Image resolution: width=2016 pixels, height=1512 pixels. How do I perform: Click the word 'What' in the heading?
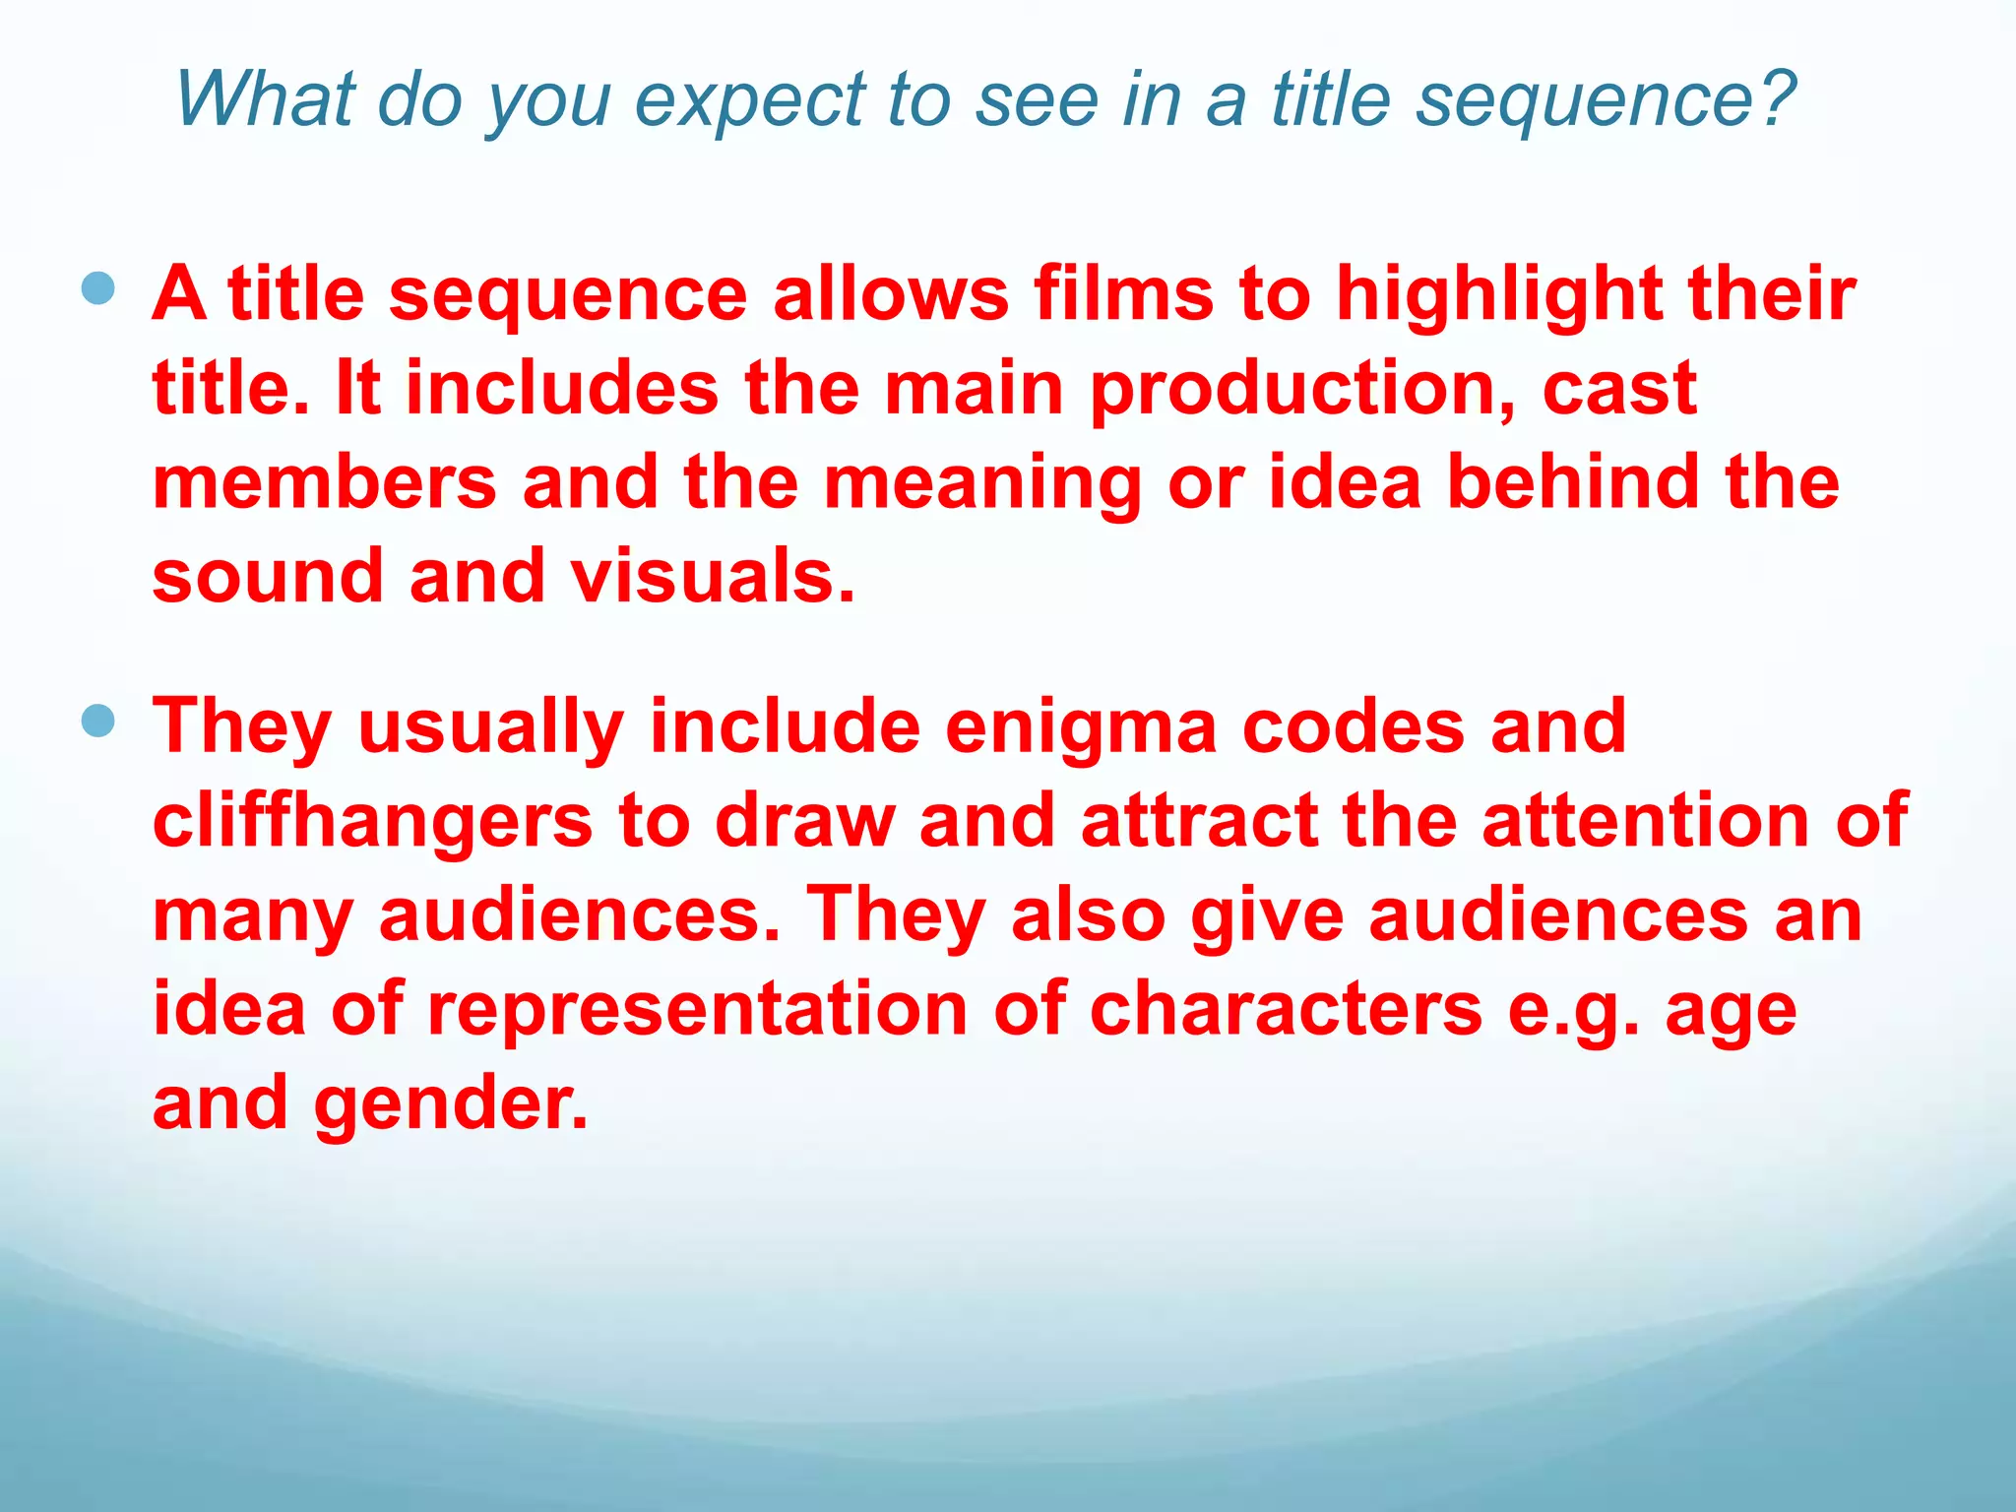[265, 99]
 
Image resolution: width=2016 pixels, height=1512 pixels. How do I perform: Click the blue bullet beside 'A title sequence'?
[97, 289]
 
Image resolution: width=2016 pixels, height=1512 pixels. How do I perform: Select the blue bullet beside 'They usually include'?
[97, 722]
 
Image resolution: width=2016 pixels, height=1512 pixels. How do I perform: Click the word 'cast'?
[1619, 388]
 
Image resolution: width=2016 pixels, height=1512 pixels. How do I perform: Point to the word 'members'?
[325, 482]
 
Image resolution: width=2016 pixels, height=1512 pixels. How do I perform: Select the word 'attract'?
[1200, 821]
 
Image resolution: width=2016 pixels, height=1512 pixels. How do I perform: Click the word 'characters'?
[1286, 1009]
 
